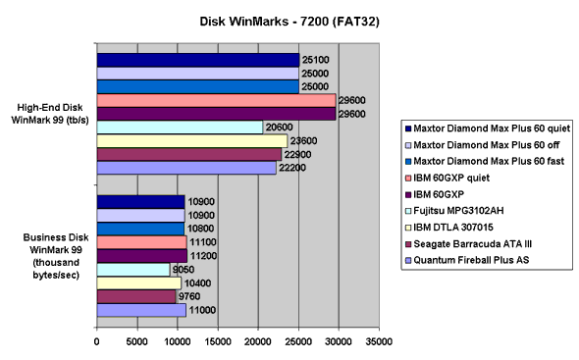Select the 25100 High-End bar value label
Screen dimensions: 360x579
tap(314, 60)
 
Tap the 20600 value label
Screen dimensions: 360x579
tap(278, 128)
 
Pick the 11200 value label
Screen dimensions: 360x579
tap(203, 255)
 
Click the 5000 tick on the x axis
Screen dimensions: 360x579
tap(136, 341)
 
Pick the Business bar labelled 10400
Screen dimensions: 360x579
tap(138, 283)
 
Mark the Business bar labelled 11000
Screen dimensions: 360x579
tap(140, 310)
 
